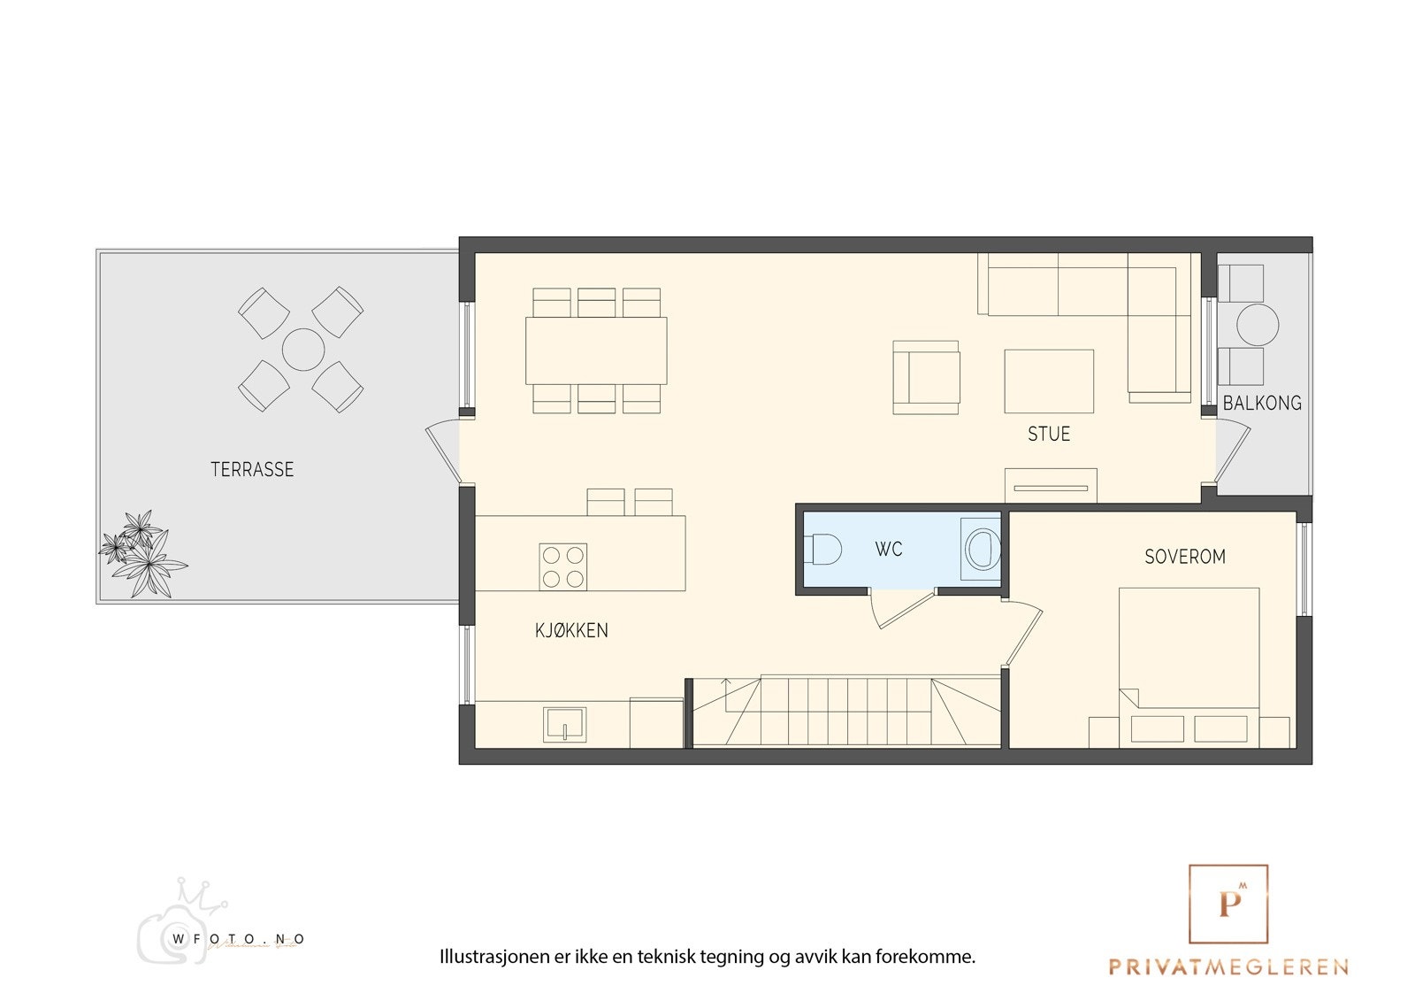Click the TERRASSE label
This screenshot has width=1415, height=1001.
point(252,470)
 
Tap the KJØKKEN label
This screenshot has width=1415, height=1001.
point(571,631)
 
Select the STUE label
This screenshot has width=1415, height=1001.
point(1049,435)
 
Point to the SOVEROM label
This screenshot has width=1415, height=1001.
point(1185,558)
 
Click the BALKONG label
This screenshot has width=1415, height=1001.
point(1262,404)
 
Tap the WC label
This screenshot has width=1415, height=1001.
point(889,550)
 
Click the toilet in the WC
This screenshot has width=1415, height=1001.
point(822,550)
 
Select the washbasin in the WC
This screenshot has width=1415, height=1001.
point(981,549)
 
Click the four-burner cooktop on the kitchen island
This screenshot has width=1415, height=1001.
point(563,567)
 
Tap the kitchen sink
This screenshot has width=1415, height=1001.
point(564,724)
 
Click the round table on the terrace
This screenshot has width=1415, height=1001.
point(303,350)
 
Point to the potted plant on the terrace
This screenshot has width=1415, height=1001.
point(141,553)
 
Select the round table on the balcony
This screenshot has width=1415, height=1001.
point(1257,326)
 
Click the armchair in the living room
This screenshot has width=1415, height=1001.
point(926,378)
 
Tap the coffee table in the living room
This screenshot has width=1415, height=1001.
point(1049,381)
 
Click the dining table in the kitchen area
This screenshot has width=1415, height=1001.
point(596,350)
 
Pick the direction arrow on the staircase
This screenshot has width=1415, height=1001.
point(726,683)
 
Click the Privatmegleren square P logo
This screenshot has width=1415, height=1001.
point(1228,904)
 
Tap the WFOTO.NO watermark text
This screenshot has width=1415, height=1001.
point(239,939)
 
